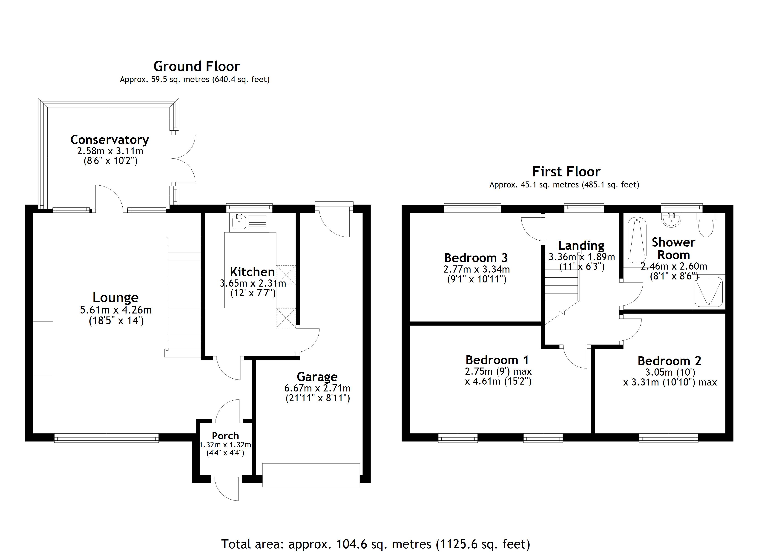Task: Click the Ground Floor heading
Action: (196, 66)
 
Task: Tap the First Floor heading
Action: (566, 172)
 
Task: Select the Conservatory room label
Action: (109, 140)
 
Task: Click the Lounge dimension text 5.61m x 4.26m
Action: (116, 310)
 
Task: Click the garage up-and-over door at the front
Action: (311, 475)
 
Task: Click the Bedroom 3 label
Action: (476, 258)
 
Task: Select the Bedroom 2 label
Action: (669, 361)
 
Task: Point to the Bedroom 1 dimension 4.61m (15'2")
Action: (498, 382)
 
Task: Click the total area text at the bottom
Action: (376, 544)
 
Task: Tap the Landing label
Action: (581, 245)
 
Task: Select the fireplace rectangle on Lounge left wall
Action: (43, 349)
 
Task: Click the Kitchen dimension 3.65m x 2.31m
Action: (253, 283)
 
